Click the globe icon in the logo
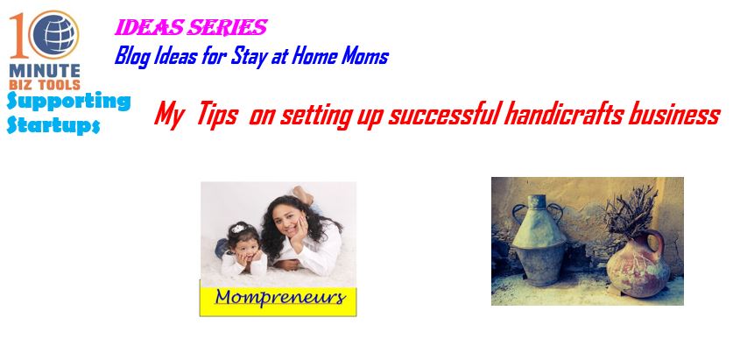[x=54, y=34]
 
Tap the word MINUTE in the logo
[x=45, y=71]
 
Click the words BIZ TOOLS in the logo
[x=45, y=84]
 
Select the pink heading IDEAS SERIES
[x=191, y=27]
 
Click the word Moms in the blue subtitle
[x=364, y=56]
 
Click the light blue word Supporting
[x=68, y=102]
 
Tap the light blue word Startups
[x=53, y=125]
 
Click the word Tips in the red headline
[x=217, y=114]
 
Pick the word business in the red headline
[x=673, y=114]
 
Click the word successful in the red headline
[x=443, y=114]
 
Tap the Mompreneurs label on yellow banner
[x=280, y=297]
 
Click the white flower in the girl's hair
[x=238, y=229]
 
